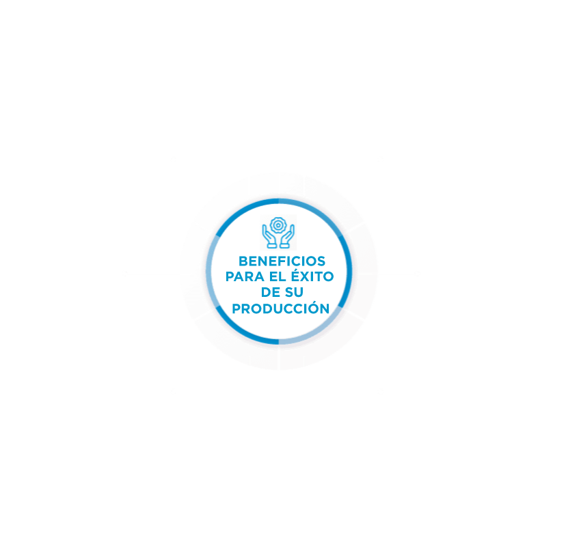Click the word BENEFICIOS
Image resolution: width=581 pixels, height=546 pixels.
282,261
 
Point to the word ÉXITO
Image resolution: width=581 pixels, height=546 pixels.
312,275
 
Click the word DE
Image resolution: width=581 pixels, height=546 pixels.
271,292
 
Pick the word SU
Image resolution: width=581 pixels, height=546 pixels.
294,292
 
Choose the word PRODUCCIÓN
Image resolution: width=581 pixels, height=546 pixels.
280,307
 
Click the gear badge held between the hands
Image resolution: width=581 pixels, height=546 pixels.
278,225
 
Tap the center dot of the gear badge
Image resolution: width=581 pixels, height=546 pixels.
278,225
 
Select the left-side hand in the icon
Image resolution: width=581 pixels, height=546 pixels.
269,236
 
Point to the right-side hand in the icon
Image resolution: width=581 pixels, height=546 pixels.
288,236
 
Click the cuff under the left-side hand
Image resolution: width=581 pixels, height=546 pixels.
272,245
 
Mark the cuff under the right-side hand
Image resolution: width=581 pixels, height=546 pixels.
285,245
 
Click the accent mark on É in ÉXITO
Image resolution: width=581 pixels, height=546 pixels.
296,269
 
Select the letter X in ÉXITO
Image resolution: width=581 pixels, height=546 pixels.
306,276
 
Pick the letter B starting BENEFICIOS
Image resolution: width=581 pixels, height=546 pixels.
243,261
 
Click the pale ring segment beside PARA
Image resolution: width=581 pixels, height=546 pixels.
210,271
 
